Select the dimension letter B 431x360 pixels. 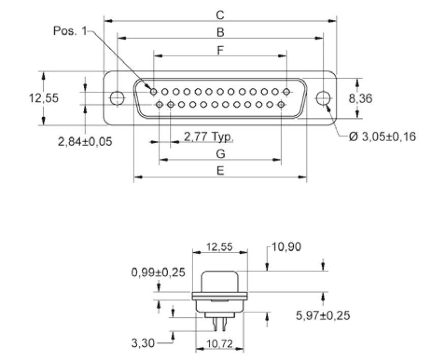coord(220,32)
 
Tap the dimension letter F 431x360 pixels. coord(220,50)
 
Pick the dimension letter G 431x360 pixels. coord(220,153)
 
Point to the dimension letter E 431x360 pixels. coord(220,171)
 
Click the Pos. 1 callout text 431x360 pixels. coord(70,31)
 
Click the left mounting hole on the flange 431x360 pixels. coord(117,97)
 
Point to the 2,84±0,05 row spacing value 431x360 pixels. coord(85,141)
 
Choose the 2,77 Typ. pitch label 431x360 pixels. coord(208,137)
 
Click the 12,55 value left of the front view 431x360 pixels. coord(43,98)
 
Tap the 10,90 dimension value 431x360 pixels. coord(287,247)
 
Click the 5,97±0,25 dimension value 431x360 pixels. coord(323,316)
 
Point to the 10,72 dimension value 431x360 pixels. coord(220,344)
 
